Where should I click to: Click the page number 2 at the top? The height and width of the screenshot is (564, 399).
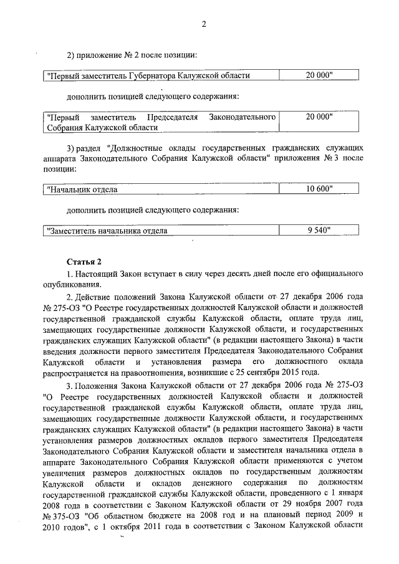pyautogui.click(x=203, y=24)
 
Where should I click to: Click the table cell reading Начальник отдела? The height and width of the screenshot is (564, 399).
pyautogui.click(x=82, y=189)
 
